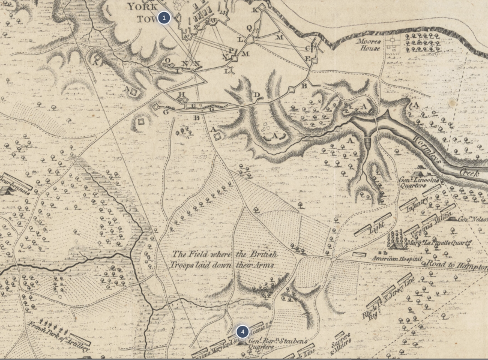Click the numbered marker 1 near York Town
[x=164, y=18]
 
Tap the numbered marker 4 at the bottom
[x=242, y=332]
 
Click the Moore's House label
[x=369, y=45]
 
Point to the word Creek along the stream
[x=470, y=171]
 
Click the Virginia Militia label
[x=429, y=224]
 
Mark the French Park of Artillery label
[x=58, y=337]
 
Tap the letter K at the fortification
[x=255, y=10]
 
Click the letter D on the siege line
[x=257, y=95]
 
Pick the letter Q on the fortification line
[x=249, y=27]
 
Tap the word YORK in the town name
[x=141, y=7]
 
